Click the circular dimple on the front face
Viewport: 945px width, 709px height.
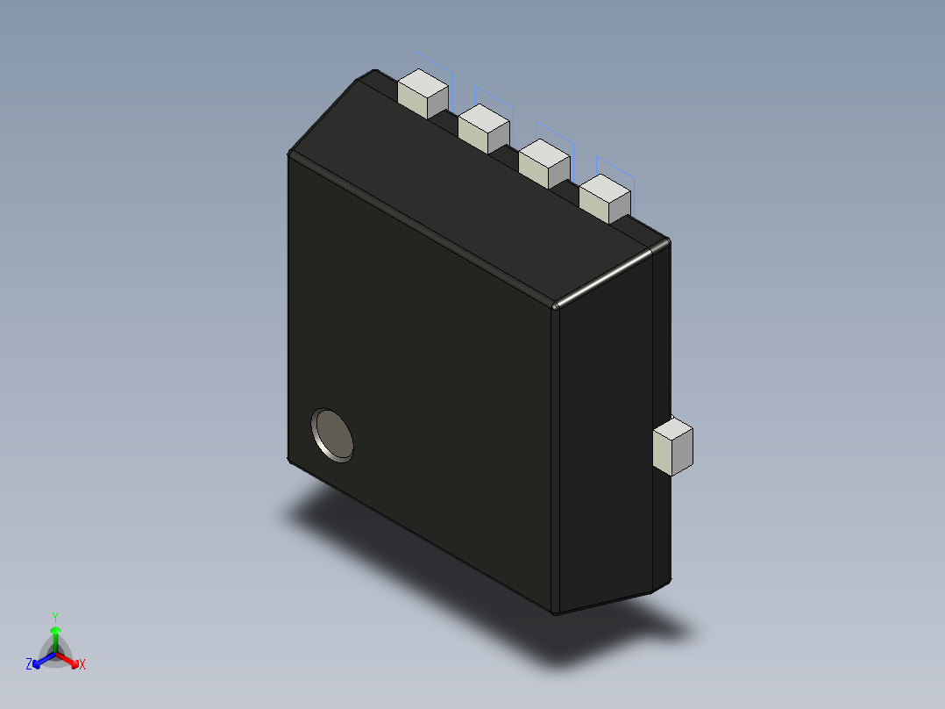333,434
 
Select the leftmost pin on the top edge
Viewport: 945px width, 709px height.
423,95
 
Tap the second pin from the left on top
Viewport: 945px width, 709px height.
483,128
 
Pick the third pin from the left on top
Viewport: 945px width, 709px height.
544,162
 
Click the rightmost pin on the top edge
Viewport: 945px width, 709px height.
605,197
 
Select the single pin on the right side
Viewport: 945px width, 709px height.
673,446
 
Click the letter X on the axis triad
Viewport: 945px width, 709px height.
82,665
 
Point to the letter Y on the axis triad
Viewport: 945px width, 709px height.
55,618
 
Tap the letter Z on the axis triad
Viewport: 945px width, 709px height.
29,665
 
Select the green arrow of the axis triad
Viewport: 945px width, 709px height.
55,635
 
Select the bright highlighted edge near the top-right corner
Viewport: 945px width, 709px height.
605,276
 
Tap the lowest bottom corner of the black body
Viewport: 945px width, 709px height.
556,612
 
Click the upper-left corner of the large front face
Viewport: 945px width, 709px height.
291,156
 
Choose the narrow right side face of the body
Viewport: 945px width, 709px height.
605,439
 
